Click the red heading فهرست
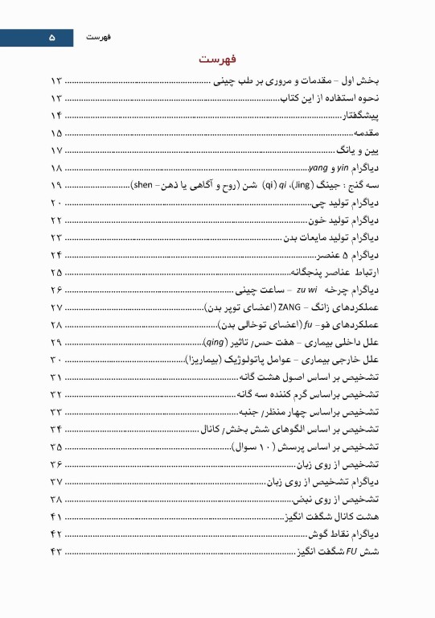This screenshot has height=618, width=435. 217,60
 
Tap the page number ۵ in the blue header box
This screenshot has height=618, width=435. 52,37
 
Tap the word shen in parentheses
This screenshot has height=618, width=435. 144,185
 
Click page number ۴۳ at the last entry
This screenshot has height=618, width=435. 55,551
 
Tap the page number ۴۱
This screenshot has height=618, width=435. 55,516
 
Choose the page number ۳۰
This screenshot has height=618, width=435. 55,359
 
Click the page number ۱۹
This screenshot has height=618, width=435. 55,185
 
